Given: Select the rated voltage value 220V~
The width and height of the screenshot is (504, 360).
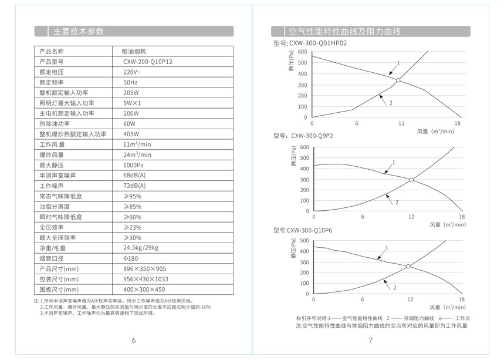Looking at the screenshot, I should pos(132,72).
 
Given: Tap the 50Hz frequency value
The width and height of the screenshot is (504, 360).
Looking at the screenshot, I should pos(130,82).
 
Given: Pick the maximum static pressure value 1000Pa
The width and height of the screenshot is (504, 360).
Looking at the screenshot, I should pos(134,165).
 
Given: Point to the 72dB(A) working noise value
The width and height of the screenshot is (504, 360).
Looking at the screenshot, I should pos(134,186).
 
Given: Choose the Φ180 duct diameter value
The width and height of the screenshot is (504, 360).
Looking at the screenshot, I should pos(131,258).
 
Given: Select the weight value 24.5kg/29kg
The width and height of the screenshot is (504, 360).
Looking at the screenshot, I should pos(141,248).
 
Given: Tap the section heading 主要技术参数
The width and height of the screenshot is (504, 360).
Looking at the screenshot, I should pos(78,31).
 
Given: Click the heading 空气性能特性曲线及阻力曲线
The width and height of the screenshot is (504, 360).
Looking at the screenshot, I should pos(345,32).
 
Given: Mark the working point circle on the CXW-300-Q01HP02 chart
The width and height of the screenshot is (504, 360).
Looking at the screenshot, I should pos(398,80).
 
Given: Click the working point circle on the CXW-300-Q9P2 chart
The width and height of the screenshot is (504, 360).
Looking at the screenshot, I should pos(411,180).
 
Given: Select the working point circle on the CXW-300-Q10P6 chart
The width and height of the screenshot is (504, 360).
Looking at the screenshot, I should pos(408,267).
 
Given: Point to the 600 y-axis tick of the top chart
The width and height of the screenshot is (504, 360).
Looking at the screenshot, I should pos(302,52).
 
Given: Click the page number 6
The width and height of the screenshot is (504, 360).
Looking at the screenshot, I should pos(134,340).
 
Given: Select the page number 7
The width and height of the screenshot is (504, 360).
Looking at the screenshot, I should pos(370,340).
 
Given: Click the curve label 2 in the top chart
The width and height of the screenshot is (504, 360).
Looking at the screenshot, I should pos(390,103).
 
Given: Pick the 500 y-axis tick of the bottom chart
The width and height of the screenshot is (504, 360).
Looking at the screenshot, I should pos(303,241).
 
